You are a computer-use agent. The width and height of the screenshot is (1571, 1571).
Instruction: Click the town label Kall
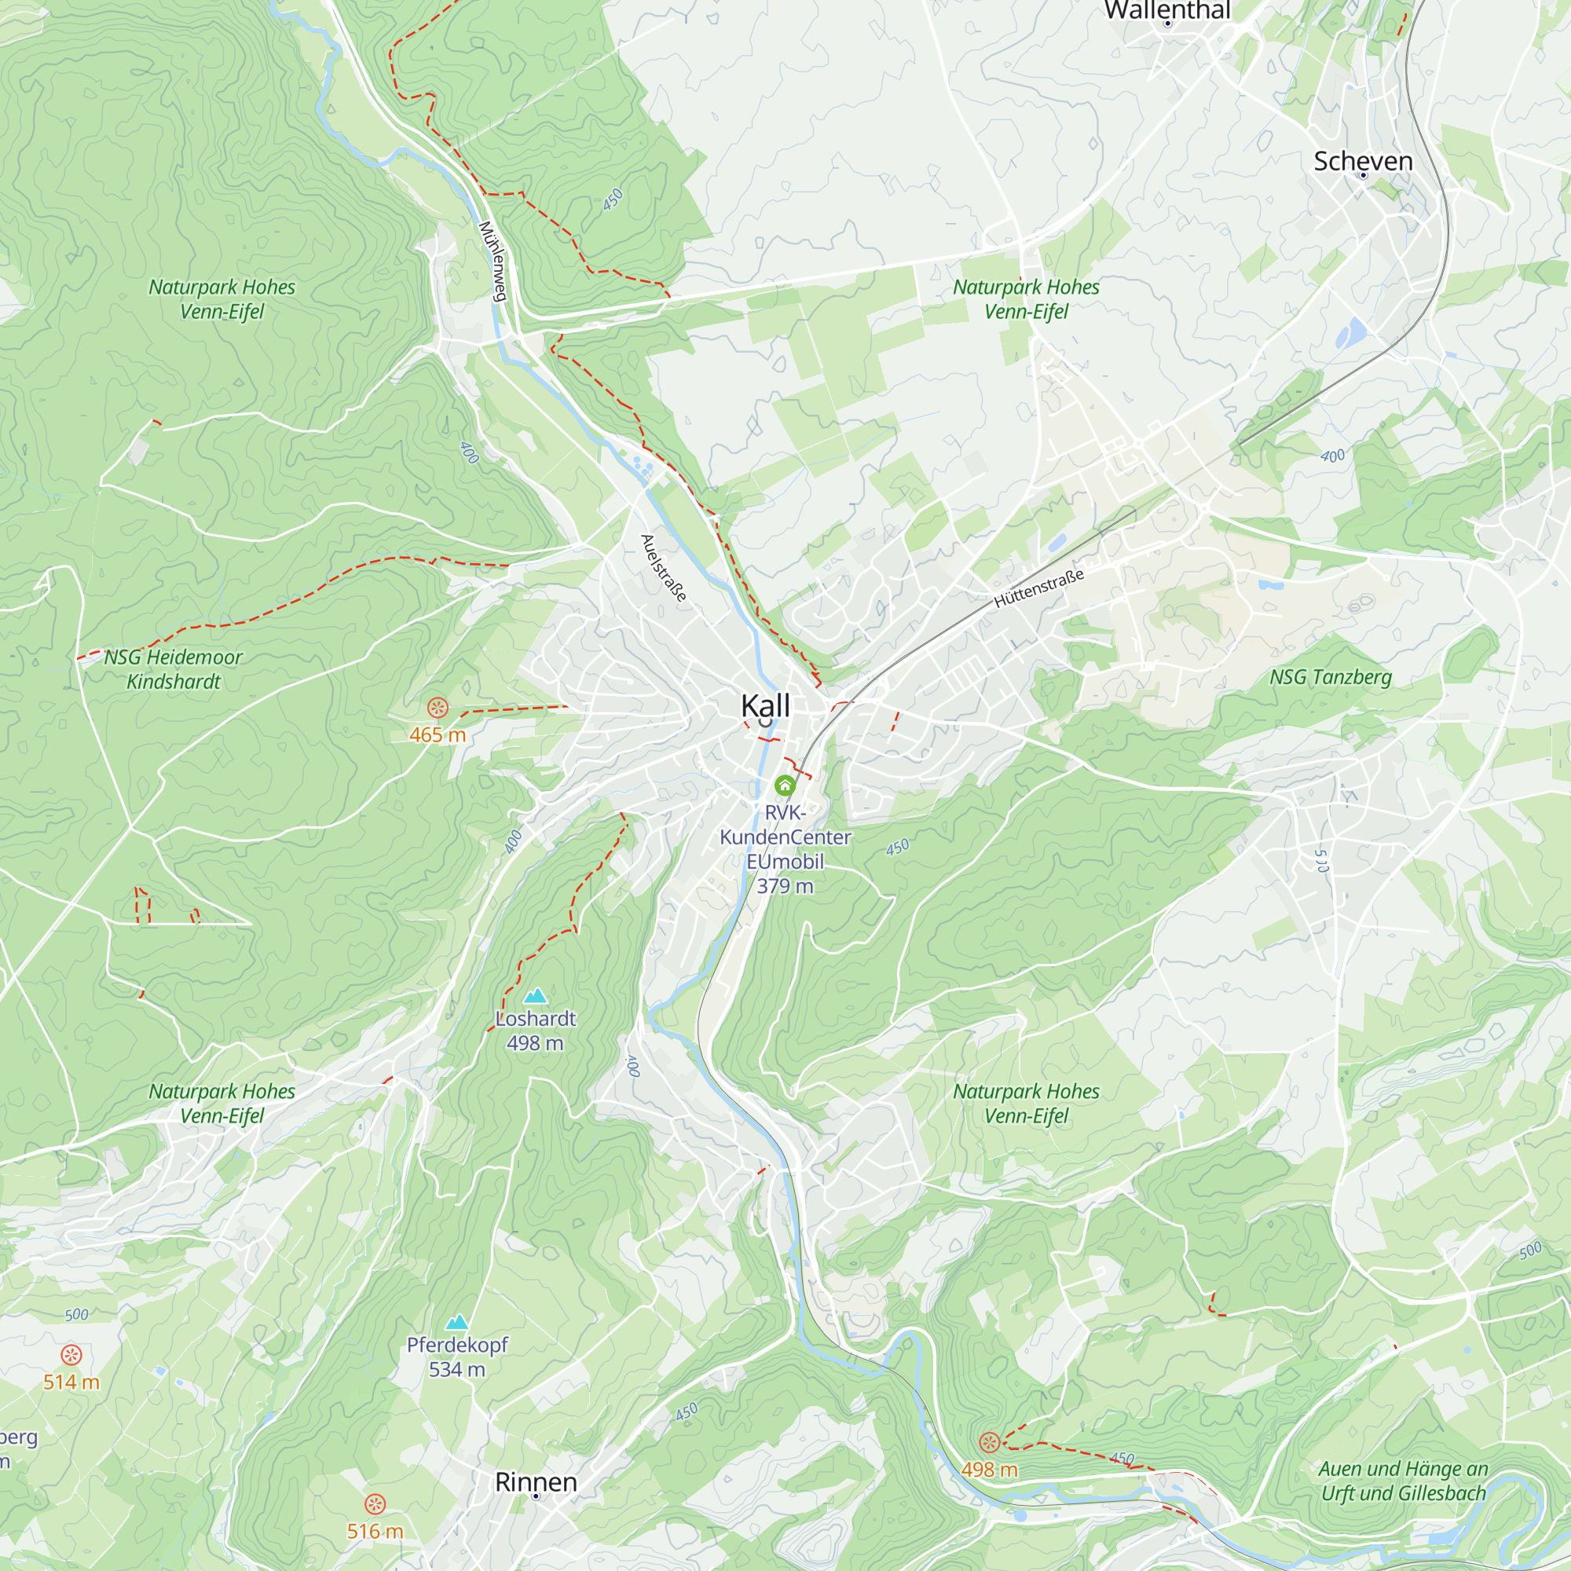[x=765, y=705]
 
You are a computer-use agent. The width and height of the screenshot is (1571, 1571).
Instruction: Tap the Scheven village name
[x=1363, y=161]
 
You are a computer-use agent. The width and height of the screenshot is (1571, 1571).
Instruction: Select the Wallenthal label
[x=1167, y=9]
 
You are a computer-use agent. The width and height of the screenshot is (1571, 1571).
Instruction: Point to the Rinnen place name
[x=536, y=1481]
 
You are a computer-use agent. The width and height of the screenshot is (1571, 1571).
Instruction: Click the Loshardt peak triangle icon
[x=535, y=995]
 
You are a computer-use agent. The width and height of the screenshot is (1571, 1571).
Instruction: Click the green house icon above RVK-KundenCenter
[x=785, y=785]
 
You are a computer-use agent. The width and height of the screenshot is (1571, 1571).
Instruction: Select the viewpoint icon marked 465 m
[x=438, y=707]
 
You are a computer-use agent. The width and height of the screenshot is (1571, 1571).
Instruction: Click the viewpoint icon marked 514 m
[x=71, y=1355]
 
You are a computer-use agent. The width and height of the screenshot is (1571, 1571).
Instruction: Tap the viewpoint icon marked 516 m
[x=375, y=1503]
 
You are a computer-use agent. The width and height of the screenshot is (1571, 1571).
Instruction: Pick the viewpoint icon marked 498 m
[x=989, y=1442]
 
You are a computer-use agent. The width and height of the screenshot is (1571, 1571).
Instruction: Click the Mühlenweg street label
[x=493, y=261]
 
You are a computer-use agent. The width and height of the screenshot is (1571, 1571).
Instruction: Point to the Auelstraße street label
[x=664, y=568]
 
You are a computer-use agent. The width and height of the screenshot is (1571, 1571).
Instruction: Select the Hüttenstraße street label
[x=1038, y=588]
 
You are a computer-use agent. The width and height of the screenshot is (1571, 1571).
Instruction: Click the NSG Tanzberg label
[x=1331, y=676]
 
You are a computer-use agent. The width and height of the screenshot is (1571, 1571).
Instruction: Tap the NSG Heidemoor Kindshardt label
[x=173, y=668]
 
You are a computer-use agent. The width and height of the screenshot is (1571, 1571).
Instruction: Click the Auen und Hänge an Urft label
[x=1403, y=1481]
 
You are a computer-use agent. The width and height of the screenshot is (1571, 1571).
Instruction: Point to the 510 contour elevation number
[x=1321, y=860]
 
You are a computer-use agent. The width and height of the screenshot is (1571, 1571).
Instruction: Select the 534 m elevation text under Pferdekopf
[x=457, y=1370]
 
